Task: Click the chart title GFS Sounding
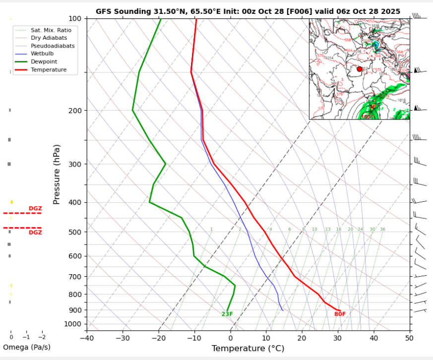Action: click(248, 11)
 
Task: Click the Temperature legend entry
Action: click(48, 69)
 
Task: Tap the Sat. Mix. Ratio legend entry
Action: click(51, 30)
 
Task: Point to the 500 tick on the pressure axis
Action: click(74, 232)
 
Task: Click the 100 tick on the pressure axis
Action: click(74, 19)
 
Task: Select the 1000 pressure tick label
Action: click(72, 324)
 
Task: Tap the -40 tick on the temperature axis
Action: click(87, 338)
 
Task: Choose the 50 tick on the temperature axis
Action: click(409, 338)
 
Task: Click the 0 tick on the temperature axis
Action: click(230, 338)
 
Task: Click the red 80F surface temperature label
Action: click(340, 314)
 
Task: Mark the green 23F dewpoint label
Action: click(227, 314)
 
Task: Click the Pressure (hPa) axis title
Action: click(57, 175)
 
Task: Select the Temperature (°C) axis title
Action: click(248, 349)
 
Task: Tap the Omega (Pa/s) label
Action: click(27, 347)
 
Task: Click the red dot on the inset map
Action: click(360, 69)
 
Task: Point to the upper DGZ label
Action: click(35, 209)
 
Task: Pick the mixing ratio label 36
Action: click(382, 230)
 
